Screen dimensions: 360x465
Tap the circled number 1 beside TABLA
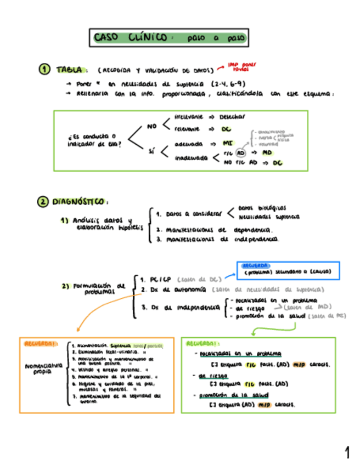44,70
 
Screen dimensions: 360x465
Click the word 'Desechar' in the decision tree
232,117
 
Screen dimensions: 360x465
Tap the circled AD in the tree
240,152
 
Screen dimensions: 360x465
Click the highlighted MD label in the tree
267,152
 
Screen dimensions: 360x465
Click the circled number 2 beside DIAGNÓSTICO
43,202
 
